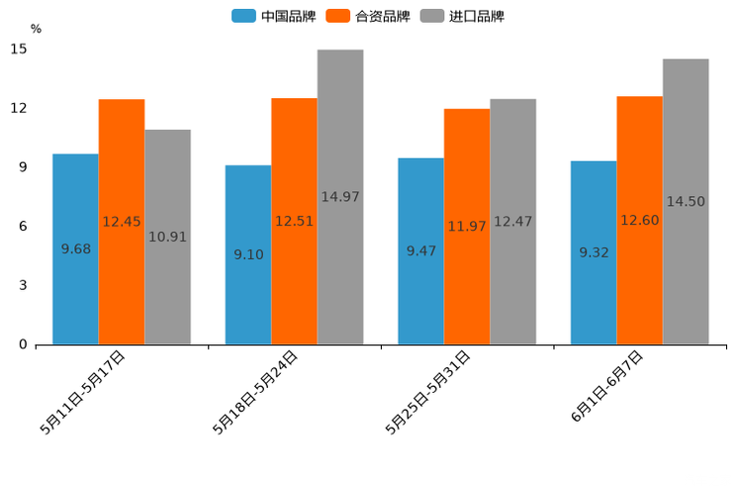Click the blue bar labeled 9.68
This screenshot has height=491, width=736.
pyautogui.click(x=75, y=249)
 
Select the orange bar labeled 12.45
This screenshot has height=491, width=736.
pyautogui.click(x=122, y=222)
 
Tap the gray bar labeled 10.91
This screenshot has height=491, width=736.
pyautogui.click(x=167, y=238)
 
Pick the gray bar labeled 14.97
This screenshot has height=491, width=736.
pyautogui.click(x=340, y=197)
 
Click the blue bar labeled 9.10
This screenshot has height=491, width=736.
pyautogui.click(x=248, y=255)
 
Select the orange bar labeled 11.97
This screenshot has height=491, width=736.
pyautogui.click(x=467, y=227)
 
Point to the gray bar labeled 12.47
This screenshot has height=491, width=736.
pyautogui.click(x=512, y=222)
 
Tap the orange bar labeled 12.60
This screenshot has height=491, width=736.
pyautogui.click(x=639, y=221)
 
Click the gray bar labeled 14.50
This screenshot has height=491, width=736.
pyautogui.click(x=686, y=202)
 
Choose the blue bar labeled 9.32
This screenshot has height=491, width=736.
pyautogui.click(x=594, y=252)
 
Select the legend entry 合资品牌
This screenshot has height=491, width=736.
pyautogui.click(x=368, y=16)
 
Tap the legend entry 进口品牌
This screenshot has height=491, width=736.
pyautogui.click(x=463, y=16)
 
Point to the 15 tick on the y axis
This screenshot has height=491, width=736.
pyautogui.click(x=19, y=49)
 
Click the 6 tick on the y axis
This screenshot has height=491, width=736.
pyautogui.click(x=23, y=227)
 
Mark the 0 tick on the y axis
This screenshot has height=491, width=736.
pyautogui.click(x=23, y=344)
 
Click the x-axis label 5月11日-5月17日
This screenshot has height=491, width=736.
pyautogui.click(x=83, y=392)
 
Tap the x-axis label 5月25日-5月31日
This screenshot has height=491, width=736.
pyautogui.click(x=427, y=392)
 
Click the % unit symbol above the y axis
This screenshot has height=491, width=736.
pyautogui.click(x=36, y=29)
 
